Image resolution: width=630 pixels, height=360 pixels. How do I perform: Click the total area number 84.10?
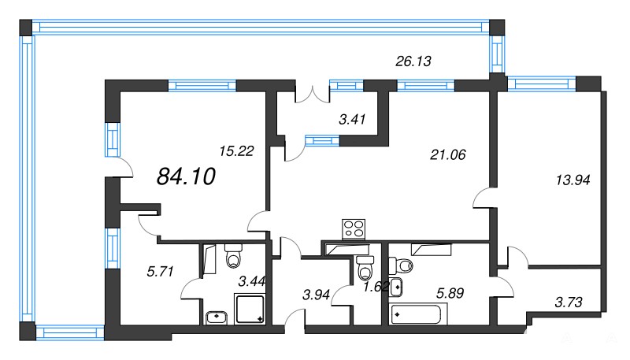coord(186,176)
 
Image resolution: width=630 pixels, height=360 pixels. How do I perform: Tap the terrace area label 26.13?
coord(413,61)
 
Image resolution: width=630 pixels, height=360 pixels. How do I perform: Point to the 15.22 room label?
coord(236,151)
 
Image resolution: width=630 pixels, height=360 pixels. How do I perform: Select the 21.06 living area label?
coord(447,154)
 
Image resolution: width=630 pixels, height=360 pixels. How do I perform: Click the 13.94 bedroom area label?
coord(573,180)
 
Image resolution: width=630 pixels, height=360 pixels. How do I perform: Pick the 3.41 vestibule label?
coord(352,119)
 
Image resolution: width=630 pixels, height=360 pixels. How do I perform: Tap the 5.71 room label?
coord(160,272)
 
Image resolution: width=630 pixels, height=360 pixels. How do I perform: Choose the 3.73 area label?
coord(569,302)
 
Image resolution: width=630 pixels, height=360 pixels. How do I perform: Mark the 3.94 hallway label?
coord(316,295)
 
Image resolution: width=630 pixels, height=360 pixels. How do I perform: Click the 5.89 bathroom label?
coord(450,293)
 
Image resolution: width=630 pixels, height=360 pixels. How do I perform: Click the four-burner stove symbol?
coord(354,229)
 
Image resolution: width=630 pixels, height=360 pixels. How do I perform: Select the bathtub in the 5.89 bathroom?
coord(418,314)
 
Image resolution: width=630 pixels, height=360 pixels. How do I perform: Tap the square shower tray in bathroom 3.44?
coord(250,309)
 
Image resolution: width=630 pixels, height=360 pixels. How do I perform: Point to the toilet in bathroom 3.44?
coord(233,255)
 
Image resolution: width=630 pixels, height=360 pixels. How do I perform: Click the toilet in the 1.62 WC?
coord(365,268)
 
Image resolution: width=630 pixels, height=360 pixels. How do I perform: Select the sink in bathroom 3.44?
coord(217,317)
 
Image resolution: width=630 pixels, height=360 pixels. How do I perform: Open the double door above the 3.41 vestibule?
coord(313,94)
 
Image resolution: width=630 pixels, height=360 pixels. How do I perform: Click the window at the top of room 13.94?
coord(541,84)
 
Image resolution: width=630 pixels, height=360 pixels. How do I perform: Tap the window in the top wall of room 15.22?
coord(202,86)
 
